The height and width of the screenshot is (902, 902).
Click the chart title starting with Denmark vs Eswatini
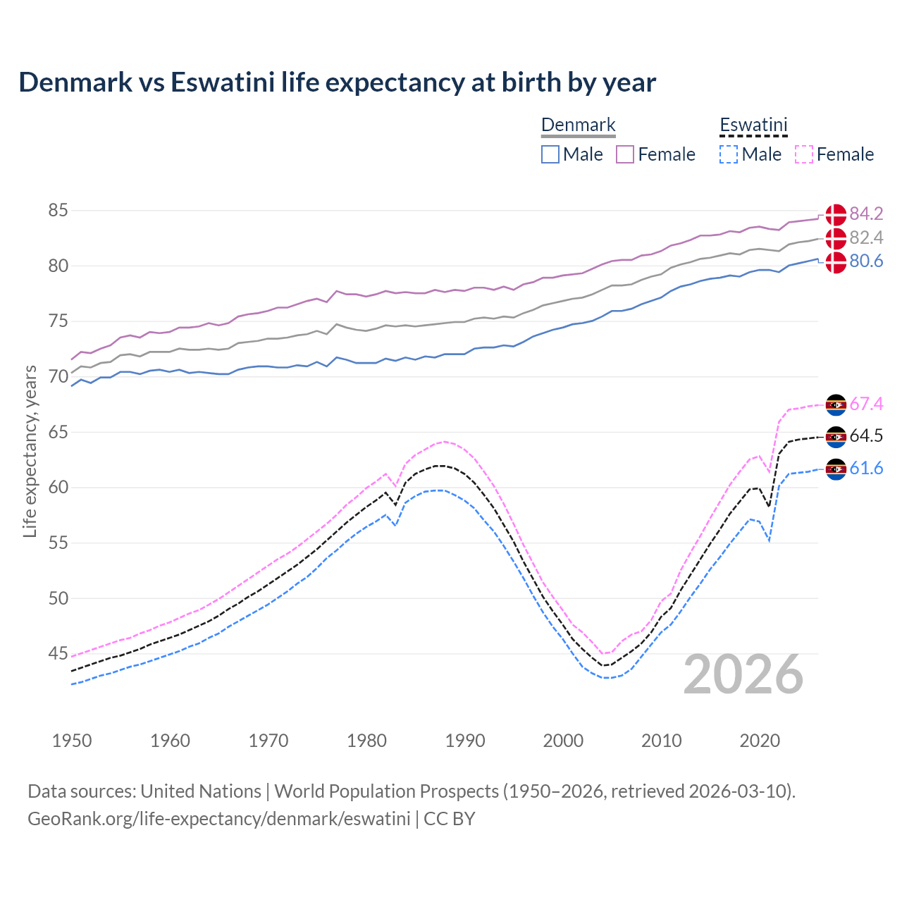point(337,82)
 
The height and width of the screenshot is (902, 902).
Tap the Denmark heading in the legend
point(578,125)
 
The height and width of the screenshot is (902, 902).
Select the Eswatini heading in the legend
point(753,125)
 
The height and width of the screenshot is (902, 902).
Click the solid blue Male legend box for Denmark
point(550,154)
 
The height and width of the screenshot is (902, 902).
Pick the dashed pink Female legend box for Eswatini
point(804,154)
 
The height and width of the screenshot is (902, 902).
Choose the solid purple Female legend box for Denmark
point(625,154)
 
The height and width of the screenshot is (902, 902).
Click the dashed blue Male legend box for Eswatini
point(729,154)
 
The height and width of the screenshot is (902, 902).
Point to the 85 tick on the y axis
point(58,211)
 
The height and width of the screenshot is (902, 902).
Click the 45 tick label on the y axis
point(58,654)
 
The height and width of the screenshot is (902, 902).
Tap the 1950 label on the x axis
point(72,741)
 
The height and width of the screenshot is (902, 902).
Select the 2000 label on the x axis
point(563,741)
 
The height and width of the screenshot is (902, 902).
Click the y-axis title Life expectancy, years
point(30,451)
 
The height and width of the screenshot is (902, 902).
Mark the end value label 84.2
point(866,214)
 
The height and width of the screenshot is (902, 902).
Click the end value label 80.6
point(866,261)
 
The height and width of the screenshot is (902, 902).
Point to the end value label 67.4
point(866,404)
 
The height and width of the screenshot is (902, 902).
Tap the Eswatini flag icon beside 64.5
point(836,437)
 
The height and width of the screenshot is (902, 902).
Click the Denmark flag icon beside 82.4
point(836,238)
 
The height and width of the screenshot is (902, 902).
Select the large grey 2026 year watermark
point(743,674)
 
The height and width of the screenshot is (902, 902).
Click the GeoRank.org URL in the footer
point(218,819)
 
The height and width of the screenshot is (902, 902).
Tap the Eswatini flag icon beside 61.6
point(836,469)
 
